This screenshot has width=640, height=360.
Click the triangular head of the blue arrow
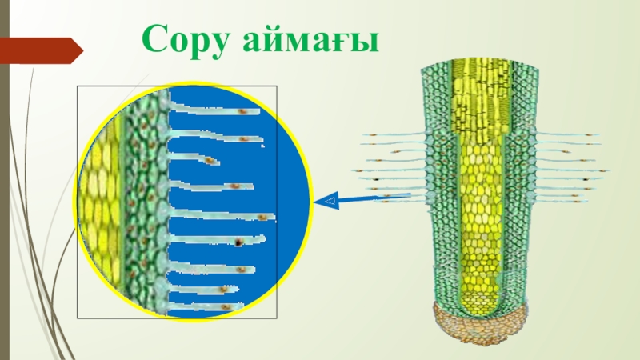tap(326, 201)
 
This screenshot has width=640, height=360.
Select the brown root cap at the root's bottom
tap(479, 324)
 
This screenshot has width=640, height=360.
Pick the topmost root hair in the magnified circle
tap(212, 112)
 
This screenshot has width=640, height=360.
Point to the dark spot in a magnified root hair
tap(238, 242)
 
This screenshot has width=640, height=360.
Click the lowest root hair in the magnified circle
tap(200, 306)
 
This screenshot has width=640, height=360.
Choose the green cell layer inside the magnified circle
tap(144, 200)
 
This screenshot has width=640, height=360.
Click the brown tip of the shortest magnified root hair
tap(210, 161)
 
